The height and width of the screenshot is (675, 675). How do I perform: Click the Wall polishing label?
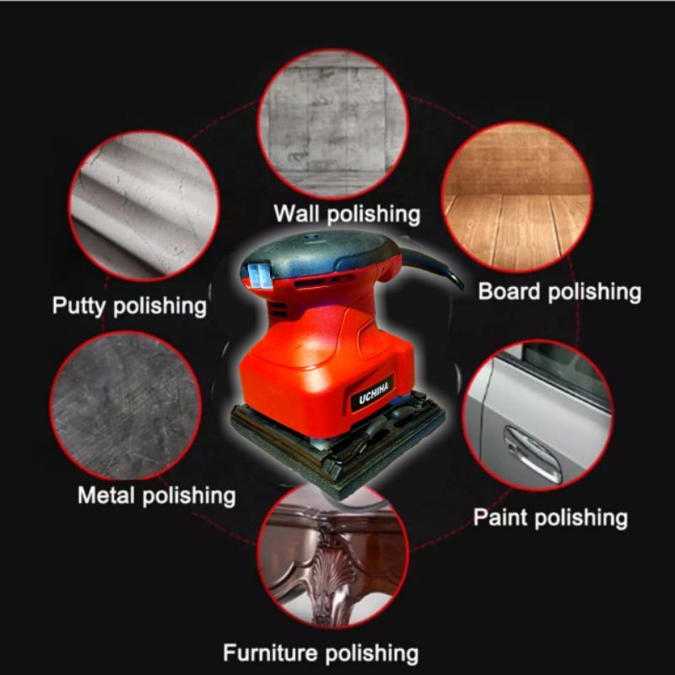point(346,213)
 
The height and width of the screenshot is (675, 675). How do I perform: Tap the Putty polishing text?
point(129,305)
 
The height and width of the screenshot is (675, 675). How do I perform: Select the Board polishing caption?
point(559,292)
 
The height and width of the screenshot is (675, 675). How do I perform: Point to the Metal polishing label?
point(156,494)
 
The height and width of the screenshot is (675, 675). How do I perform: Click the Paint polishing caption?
point(550,516)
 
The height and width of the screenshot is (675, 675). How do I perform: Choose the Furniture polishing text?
point(321,652)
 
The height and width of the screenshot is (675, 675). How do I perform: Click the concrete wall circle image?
point(332,122)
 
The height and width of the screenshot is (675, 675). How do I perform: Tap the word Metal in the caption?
point(106,494)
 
